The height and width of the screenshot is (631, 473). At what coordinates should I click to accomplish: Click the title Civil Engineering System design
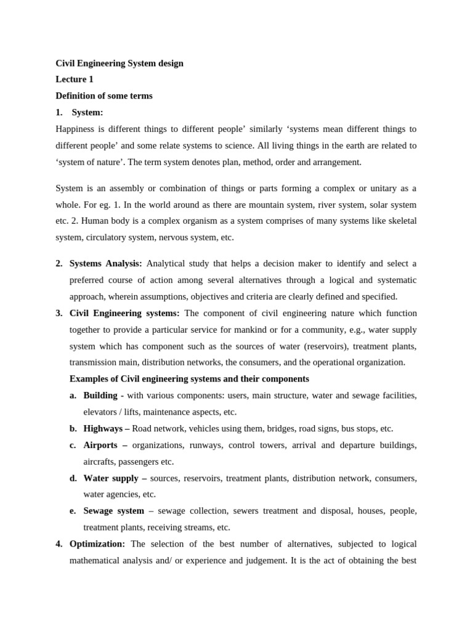[x=119, y=63]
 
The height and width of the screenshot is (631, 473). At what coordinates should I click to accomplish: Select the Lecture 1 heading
[x=75, y=79]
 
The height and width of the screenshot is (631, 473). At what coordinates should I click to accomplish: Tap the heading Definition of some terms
[x=104, y=96]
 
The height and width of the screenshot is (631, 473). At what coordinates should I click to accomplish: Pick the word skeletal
[x=400, y=221]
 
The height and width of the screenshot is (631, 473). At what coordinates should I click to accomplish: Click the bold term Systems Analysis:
[x=105, y=264]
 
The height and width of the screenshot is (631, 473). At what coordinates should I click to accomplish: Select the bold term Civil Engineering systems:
[x=124, y=313]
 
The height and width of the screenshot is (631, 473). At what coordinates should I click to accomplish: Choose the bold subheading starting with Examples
[x=189, y=379]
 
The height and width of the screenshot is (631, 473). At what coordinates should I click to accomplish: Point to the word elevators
[x=101, y=412]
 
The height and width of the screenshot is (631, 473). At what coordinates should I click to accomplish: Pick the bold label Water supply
[x=111, y=478]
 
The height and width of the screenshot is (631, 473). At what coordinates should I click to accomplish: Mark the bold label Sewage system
[x=113, y=511]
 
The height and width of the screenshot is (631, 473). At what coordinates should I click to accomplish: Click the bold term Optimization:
[x=97, y=544]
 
